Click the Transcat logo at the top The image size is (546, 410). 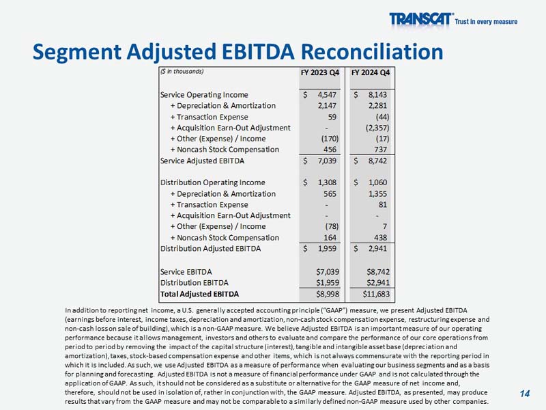pos(420,19)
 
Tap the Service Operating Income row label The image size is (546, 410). pos(204,95)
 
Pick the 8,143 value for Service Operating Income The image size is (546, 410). pos(377,95)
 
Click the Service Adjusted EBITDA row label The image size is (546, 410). pos(202,161)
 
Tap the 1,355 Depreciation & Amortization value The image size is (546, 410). pos(379,193)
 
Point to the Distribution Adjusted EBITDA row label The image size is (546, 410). pos(210,248)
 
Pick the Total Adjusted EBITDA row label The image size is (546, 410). pos(199,294)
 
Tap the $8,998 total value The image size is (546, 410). pos(324,294)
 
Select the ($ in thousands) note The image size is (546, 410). pos(182,71)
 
